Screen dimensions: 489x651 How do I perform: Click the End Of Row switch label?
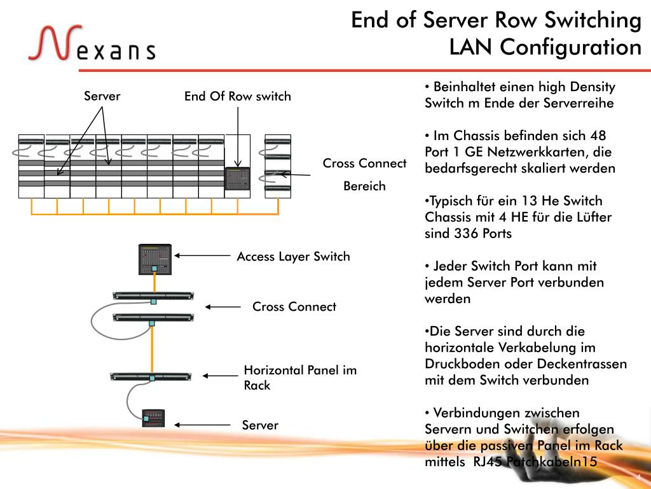(237, 97)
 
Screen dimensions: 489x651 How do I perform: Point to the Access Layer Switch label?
(293, 257)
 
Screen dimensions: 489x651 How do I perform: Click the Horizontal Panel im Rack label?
(300, 378)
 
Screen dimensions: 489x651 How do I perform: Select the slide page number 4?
(638, 478)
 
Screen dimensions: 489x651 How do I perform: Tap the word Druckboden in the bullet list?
(462, 364)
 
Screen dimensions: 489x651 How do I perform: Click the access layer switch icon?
(156, 260)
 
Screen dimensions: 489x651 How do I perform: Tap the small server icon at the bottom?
(153, 418)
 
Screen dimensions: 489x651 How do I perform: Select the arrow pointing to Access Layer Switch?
(202, 255)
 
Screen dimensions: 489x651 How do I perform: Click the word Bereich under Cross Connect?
(364, 187)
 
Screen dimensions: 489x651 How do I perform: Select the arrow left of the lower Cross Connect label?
(222, 306)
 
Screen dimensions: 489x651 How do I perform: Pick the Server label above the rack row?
(102, 96)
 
